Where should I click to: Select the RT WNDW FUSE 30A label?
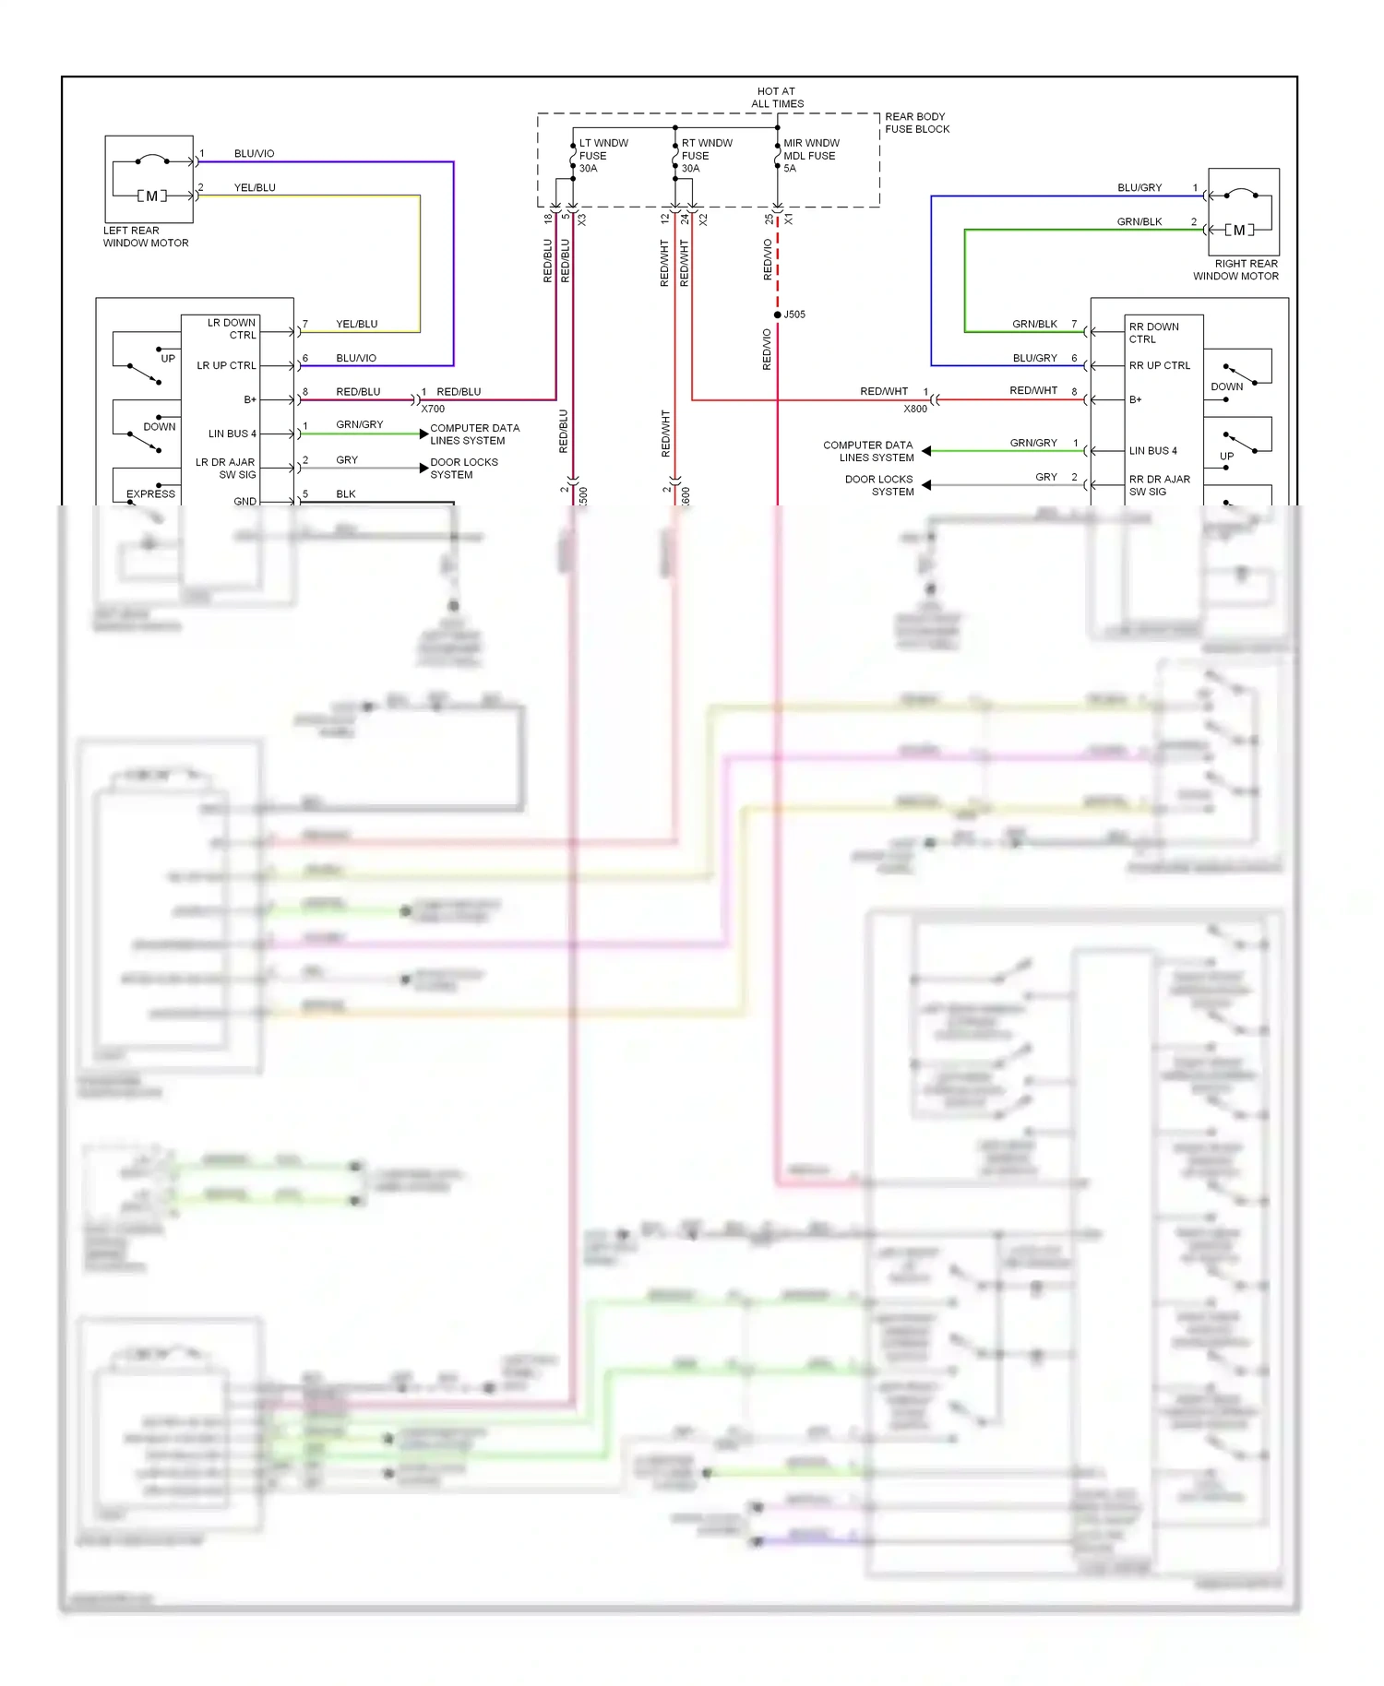coord(706,156)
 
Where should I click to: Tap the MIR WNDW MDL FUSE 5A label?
coord(810,156)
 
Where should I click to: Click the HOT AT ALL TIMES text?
coord(776,98)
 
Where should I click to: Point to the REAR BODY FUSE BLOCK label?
coord(916,123)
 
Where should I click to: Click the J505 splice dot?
coord(778,315)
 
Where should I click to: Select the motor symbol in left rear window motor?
coord(152,196)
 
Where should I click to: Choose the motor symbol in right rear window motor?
coord(1239,230)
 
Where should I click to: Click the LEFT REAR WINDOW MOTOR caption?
coord(145,237)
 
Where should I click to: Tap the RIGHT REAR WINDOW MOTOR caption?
coord(1235,269)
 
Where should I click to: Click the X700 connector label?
coord(433,409)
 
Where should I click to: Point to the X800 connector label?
coord(915,409)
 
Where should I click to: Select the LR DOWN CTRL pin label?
coord(232,329)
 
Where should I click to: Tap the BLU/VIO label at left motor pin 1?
coord(254,154)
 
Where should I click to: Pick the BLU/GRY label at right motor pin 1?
coord(1139,188)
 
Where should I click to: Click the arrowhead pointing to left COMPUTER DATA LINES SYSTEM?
coord(424,433)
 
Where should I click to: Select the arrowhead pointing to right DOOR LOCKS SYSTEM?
coord(926,485)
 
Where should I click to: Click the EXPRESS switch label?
coord(150,494)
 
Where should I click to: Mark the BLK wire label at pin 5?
coord(345,494)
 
